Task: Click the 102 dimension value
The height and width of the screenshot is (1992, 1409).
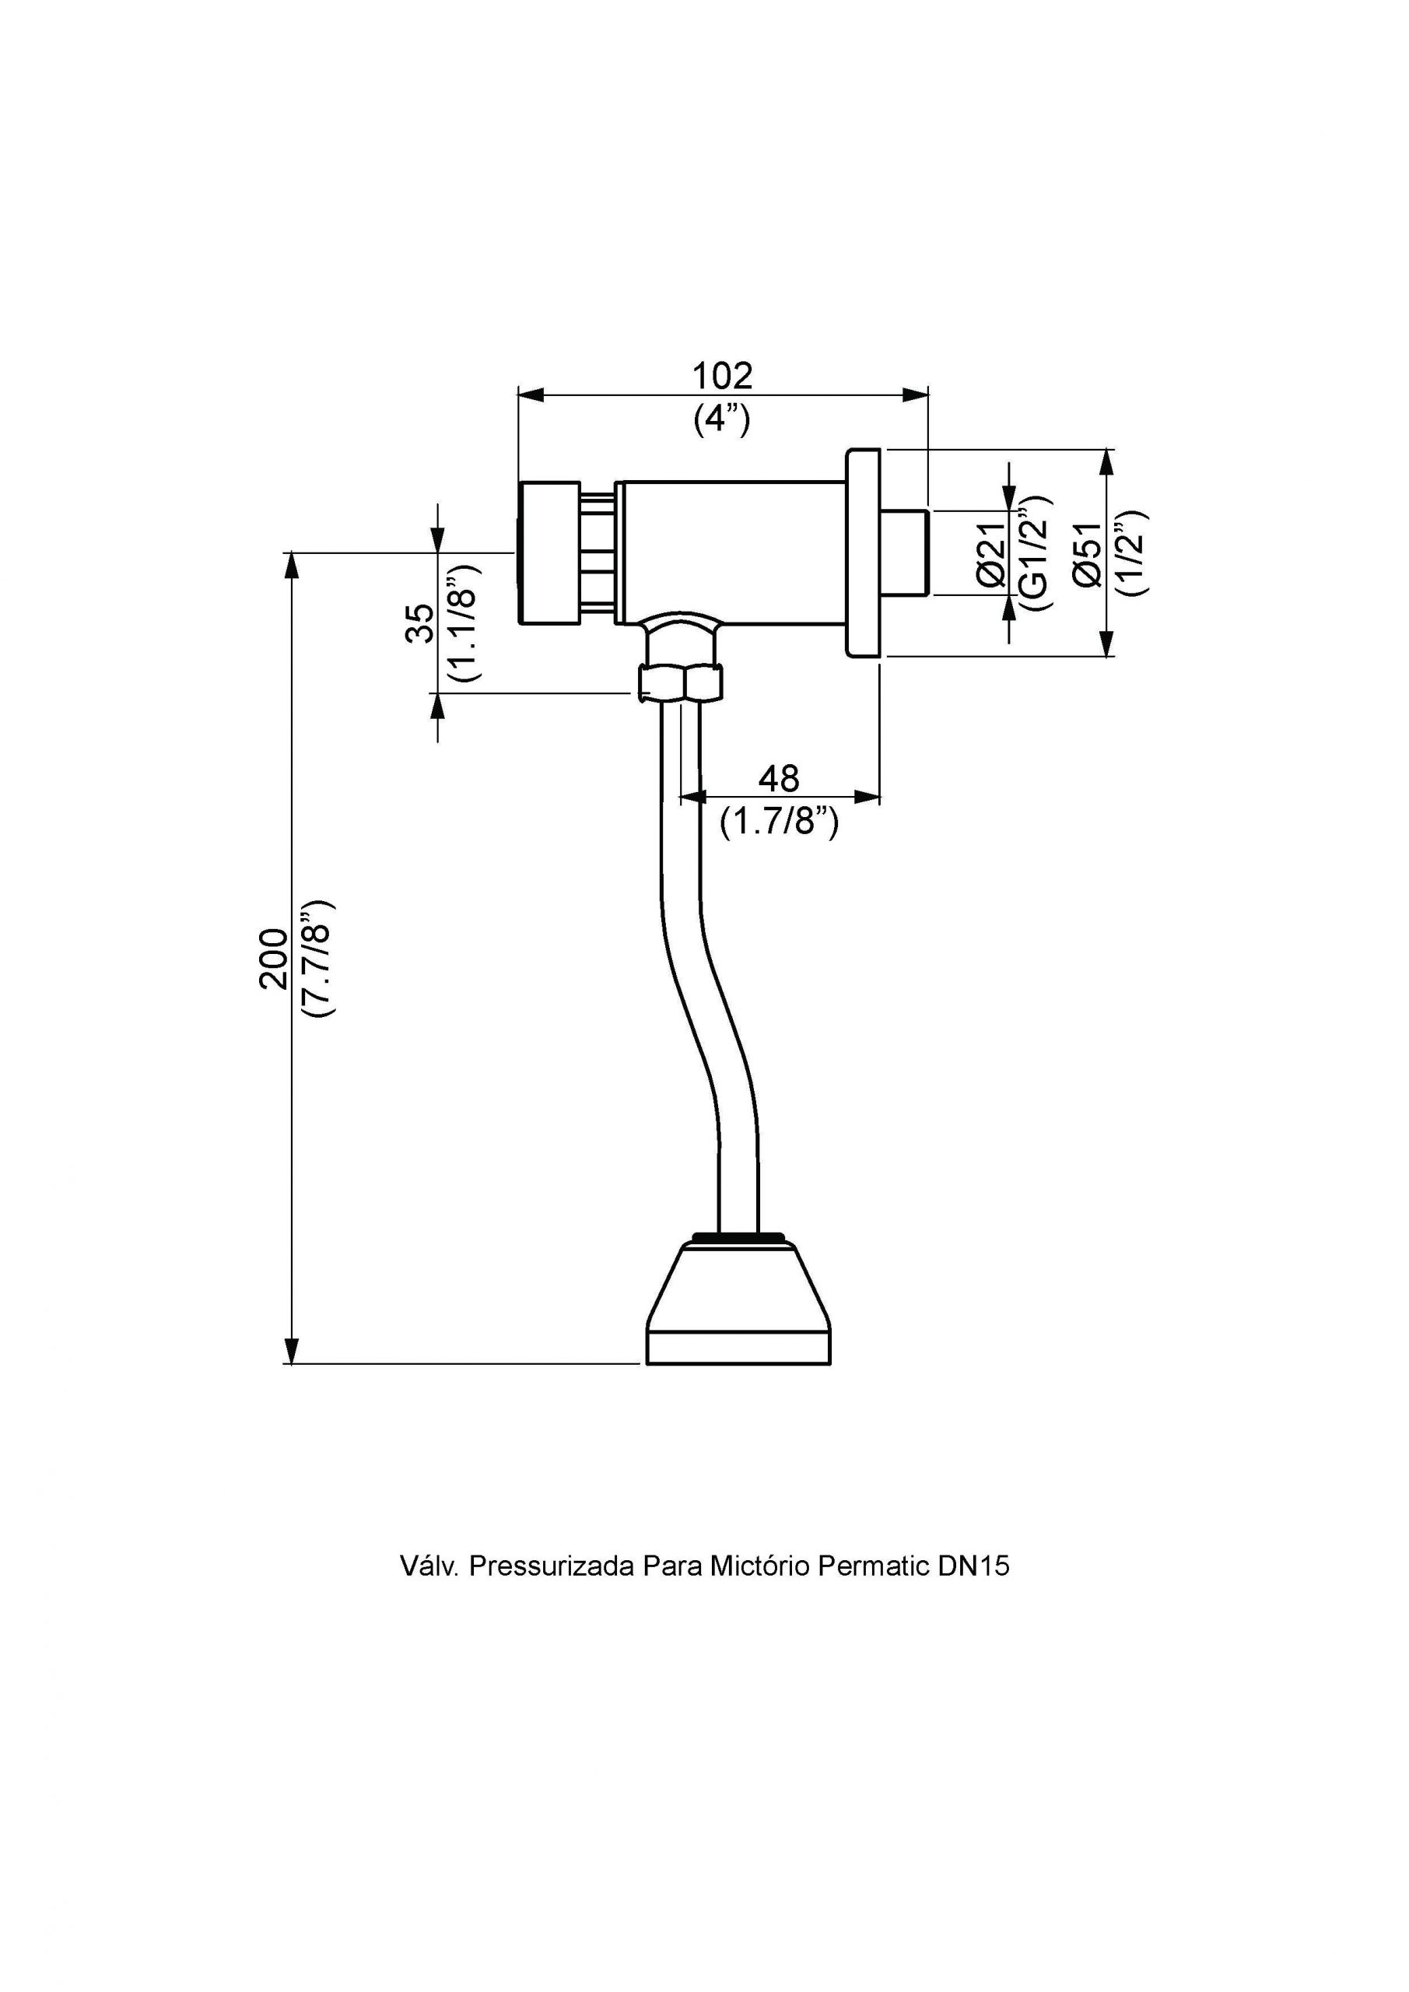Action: tap(722, 376)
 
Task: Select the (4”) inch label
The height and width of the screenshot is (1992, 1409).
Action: tap(721, 420)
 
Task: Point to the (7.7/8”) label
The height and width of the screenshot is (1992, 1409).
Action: tap(317, 959)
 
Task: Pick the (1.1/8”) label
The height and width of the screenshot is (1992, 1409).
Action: tap(462, 622)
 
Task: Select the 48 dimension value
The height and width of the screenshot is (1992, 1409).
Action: tap(778, 778)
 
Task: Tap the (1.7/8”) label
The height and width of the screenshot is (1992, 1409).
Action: tap(778, 821)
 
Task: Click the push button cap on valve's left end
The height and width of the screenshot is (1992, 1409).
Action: tap(549, 552)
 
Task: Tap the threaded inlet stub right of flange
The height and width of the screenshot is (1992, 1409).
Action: tap(904, 552)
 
